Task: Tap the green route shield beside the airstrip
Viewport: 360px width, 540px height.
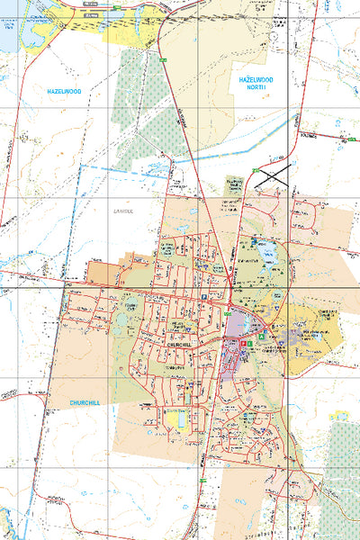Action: [x=255, y=170]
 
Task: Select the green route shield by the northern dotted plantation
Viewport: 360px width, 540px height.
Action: [x=164, y=59]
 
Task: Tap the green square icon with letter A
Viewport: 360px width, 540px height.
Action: [x=262, y=336]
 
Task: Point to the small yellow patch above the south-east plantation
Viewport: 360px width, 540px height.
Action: [x=339, y=415]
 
